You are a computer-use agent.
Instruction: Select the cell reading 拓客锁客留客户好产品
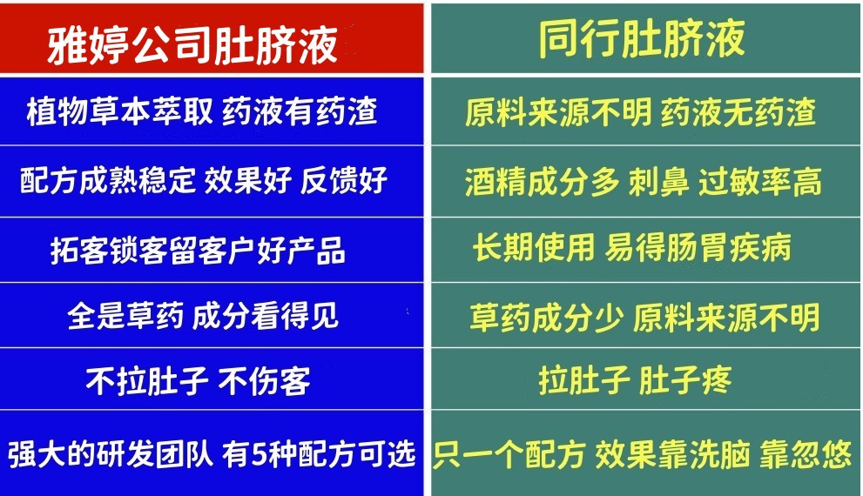199,251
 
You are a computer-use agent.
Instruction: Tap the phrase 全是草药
125,316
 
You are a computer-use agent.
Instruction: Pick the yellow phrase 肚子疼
685,380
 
